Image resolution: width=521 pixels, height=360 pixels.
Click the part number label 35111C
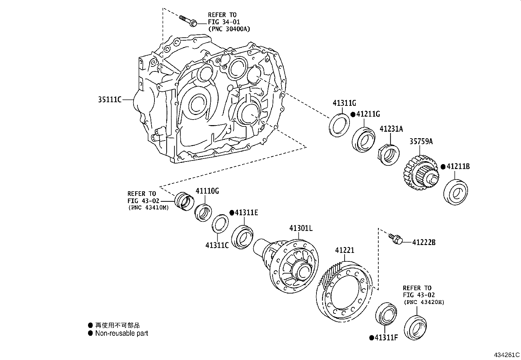pos(110,99)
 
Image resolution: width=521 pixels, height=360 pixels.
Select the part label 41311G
pos(344,103)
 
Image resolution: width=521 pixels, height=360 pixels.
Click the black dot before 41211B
pos(443,167)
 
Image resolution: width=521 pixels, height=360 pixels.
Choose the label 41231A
pos(391,129)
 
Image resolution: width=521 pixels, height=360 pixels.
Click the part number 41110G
pos(207,191)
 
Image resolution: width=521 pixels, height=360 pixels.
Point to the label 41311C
pos(217,245)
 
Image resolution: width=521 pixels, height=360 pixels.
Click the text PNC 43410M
pos(148,207)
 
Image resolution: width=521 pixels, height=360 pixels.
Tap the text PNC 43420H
pos(424,302)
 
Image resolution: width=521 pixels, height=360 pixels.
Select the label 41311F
pos(386,337)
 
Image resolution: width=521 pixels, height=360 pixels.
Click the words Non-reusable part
pos(121,333)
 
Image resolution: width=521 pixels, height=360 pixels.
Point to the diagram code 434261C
pos(507,355)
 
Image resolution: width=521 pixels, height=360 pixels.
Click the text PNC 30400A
pos(229,29)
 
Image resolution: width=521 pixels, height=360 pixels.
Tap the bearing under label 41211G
pos(363,139)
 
